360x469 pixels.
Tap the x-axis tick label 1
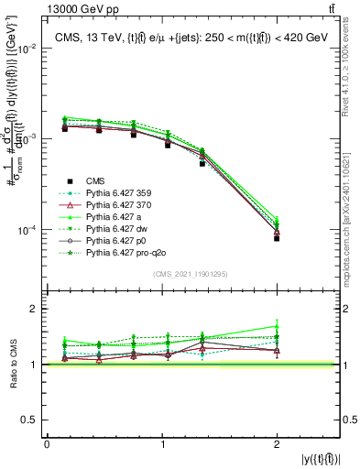click(x=163, y=444)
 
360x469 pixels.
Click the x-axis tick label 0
click(x=47, y=444)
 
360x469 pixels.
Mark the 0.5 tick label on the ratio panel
click(x=32, y=420)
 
